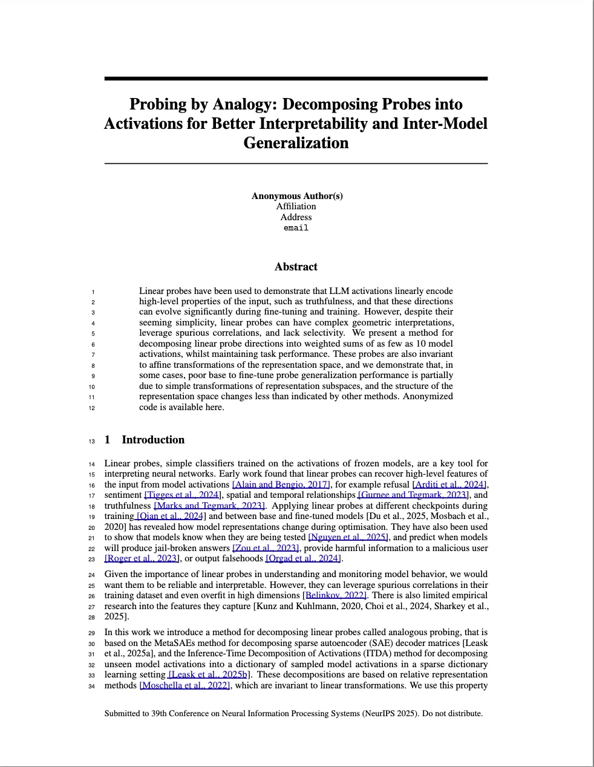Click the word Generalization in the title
click(x=296, y=143)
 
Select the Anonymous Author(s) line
click(x=296, y=195)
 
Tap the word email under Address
click(x=296, y=228)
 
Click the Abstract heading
click(x=296, y=267)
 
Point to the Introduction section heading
click(x=152, y=440)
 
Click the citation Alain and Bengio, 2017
click(x=281, y=485)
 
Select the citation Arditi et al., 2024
click(x=449, y=485)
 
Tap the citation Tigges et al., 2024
click(x=181, y=495)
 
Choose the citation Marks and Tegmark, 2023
click(x=210, y=506)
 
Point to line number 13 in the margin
click(x=91, y=441)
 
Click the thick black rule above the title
click(x=296, y=79)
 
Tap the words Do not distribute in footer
click(x=452, y=714)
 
